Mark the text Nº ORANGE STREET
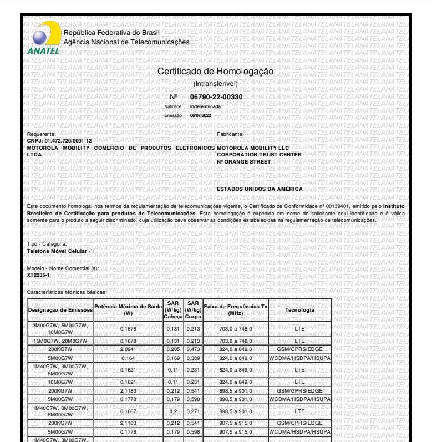[243, 161]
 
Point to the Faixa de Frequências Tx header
[236, 309]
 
